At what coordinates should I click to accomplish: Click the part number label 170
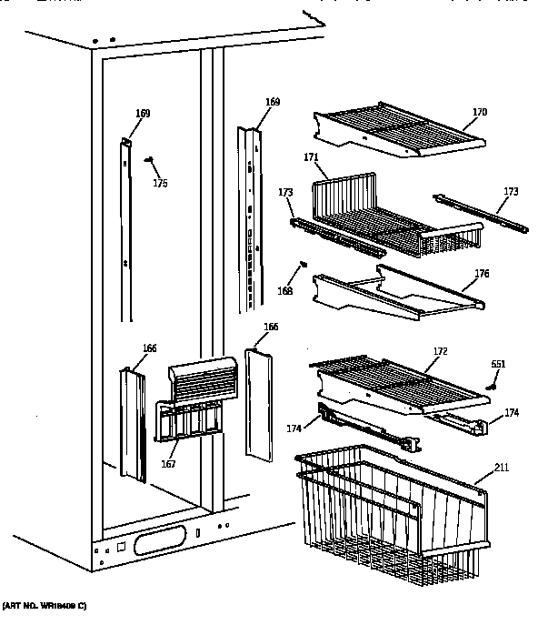click(x=480, y=113)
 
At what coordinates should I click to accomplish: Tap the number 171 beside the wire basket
click(x=311, y=157)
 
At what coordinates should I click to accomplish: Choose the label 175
click(x=160, y=184)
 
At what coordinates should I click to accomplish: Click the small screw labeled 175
click(x=149, y=160)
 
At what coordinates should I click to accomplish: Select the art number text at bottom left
click(x=44, y=606)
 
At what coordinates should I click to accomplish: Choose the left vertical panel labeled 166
click(x=133, y=423)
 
